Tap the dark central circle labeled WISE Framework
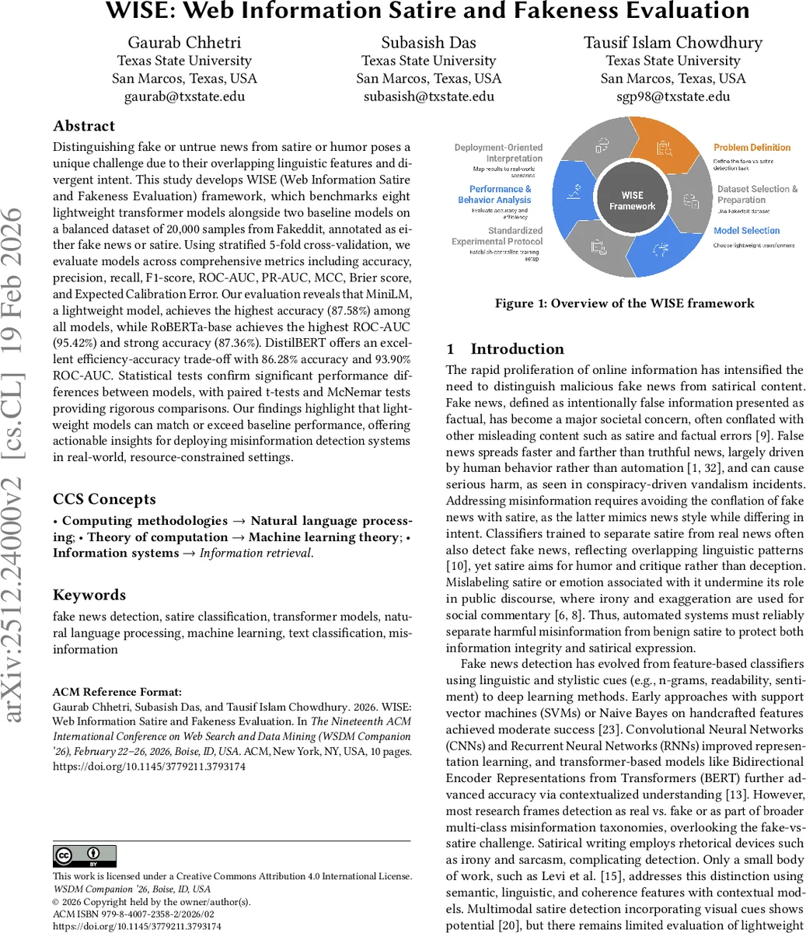click(x=632, y=201)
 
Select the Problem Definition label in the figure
click(x=752, y=147)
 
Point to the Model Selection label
click(x=746, y=231)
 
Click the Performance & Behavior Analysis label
click(x=500, y=194)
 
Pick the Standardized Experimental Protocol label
click(x=497, y=236)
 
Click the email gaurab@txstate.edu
click(x=184, y=96)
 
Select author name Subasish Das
click(x=428, y=42)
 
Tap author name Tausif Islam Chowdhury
click(x=673, y=42)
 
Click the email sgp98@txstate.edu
click(x=673, y=96)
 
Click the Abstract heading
click(x=84, y=126)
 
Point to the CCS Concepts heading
click(x=104, y=499)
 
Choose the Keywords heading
click(x=89, y=595)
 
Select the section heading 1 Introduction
click(x=505, y=349)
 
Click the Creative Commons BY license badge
click(x=85, y=856)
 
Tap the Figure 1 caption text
click(x=624, y=303)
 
